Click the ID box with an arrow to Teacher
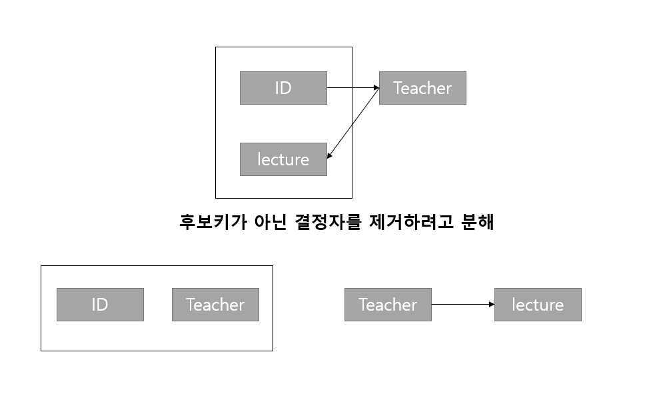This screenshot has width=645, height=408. point(283,88)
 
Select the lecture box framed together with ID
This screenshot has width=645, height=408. point(283,159)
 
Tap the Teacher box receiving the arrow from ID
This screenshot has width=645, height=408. point(422,88)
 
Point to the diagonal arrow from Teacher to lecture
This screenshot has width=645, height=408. point(354,123)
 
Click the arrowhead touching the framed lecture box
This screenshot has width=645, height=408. point(330,156)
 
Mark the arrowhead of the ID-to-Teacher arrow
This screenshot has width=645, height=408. point(376,87)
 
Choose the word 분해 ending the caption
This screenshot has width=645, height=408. point(476,222)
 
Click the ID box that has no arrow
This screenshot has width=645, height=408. point(100,305)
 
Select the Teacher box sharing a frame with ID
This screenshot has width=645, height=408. point(215,305)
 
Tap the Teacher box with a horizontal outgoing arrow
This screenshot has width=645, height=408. point(388,305)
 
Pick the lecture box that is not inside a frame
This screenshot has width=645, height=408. point(538,305)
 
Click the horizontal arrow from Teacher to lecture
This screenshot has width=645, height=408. point(462,305)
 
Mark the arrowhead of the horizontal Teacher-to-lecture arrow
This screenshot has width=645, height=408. point(491,305)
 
